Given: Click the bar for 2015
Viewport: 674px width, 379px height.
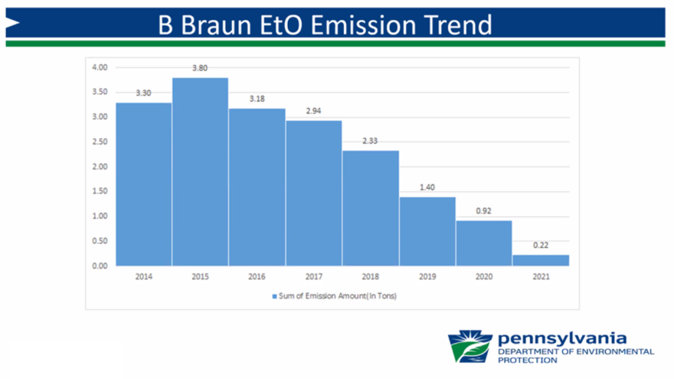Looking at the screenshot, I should pyautogui.click(x=200, y=172).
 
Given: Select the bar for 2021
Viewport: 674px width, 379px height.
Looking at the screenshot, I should pyautogui.click(x=541, y=260).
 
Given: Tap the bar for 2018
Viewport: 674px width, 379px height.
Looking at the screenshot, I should pyautogui.click(x=370, y=207).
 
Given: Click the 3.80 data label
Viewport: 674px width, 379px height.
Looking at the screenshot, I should pyautogui.click(x=200, y=68).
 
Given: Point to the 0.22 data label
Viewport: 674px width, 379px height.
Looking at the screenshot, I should pyautogui.click(x=541, y=246).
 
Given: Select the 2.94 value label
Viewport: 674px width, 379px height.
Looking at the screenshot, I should pyautogui.click(x=313, y=111).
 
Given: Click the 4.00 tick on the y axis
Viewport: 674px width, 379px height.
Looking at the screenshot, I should pyautogui.click(x=100, y=67).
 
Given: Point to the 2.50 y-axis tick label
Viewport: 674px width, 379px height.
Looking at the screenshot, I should pyautogui.click(x=100, y=142).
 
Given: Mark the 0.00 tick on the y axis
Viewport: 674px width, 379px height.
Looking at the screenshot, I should pyautogui.click(x=100, y=266).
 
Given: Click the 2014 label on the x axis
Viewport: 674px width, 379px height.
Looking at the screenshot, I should pyautogui.click(x=143, y=276).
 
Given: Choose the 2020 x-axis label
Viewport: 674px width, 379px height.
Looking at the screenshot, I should pyautogui.click(x=484, y=276).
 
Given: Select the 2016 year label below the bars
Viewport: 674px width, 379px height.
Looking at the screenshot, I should pyautogui.click(x=257, y=276).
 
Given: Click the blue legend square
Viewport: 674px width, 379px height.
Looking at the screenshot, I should pyautogui.click(x=273, y=295).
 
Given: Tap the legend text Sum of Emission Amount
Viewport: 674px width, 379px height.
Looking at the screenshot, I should pyautogui.click(x=336, y=295).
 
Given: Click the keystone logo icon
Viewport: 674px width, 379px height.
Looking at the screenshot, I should pyautogui.click(x=470, y=346).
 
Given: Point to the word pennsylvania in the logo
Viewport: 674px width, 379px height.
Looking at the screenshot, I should pyautogui.click(x=561, y=338).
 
